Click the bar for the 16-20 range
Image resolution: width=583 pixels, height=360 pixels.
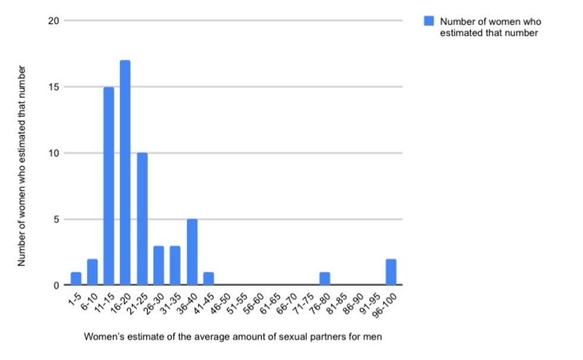(125, 173)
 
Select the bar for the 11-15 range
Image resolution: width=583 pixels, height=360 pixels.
(108, 186)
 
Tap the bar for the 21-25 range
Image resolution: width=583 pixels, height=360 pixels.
(142, 219)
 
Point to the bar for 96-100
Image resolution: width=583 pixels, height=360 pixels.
(391, 272)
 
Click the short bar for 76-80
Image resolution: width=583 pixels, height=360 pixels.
(324, 278)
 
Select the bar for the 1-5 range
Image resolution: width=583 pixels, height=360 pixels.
(76, 278)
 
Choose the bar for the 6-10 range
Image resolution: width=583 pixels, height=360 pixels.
(92, 272)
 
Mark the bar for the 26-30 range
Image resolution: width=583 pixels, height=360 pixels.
(158, 265)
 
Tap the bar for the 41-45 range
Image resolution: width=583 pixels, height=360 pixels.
(208, 278)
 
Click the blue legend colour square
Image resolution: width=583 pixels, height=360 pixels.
(429, 21)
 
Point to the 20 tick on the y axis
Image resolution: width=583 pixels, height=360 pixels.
(54, 21)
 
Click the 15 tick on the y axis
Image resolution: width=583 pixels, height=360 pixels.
(54, 87)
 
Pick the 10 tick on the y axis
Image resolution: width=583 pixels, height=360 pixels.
(54, 153)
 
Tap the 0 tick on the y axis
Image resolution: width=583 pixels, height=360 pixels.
(56, 285)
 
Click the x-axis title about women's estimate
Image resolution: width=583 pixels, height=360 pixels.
(233, 337)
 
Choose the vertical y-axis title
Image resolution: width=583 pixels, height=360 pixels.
(22, 165)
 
